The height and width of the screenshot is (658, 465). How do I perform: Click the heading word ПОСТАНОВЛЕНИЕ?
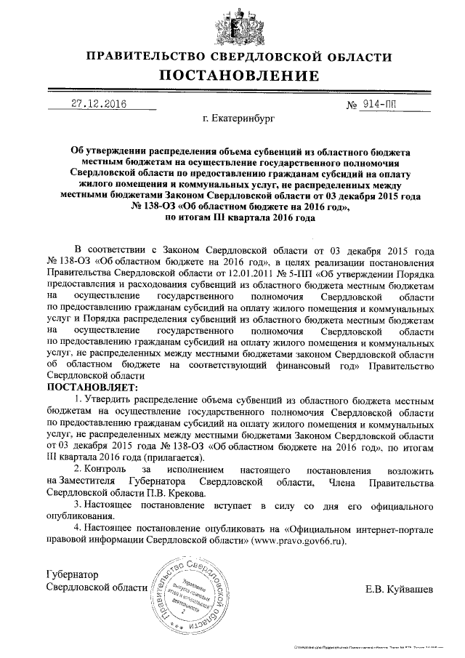click(x=239, y=76)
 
